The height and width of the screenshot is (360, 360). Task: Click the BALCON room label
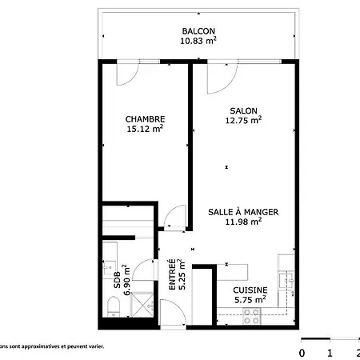point(198,31)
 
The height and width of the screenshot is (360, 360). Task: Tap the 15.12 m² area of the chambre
point(145,129)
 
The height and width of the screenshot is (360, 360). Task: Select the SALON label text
point(243,110)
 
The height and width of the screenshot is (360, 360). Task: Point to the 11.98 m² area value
point(243,222)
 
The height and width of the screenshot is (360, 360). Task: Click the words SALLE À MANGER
point(243,212)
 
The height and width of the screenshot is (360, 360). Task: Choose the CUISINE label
point(250,290)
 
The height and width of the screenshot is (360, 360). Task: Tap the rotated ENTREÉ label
point(173,274)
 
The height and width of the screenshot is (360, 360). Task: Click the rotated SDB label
point(118,280)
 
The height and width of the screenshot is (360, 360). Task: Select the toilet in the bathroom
point(114,306)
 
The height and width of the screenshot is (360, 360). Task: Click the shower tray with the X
point(142,305)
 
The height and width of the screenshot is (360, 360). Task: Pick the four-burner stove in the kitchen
point(251,316)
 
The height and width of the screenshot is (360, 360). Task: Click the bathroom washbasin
point(108,267)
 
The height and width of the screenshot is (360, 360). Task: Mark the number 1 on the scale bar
point(330,353)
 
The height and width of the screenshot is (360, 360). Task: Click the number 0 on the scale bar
point(302,353)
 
